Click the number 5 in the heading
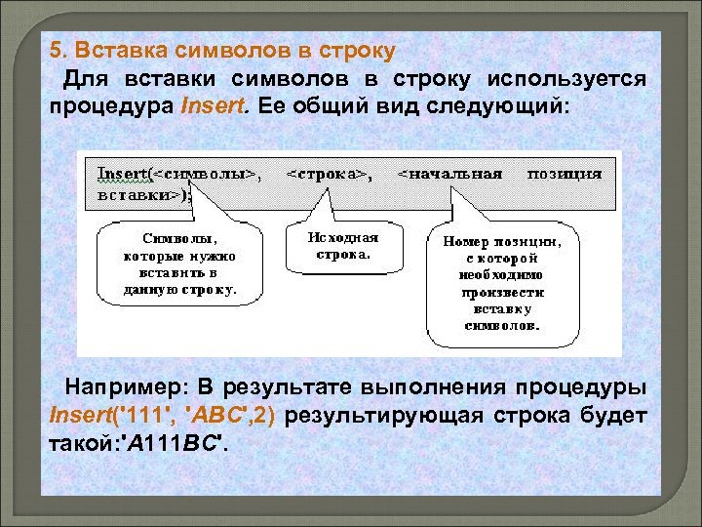pos(56,50)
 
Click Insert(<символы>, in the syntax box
pos(180,174)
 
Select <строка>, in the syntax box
pos(330,174)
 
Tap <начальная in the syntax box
pos(450,174)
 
